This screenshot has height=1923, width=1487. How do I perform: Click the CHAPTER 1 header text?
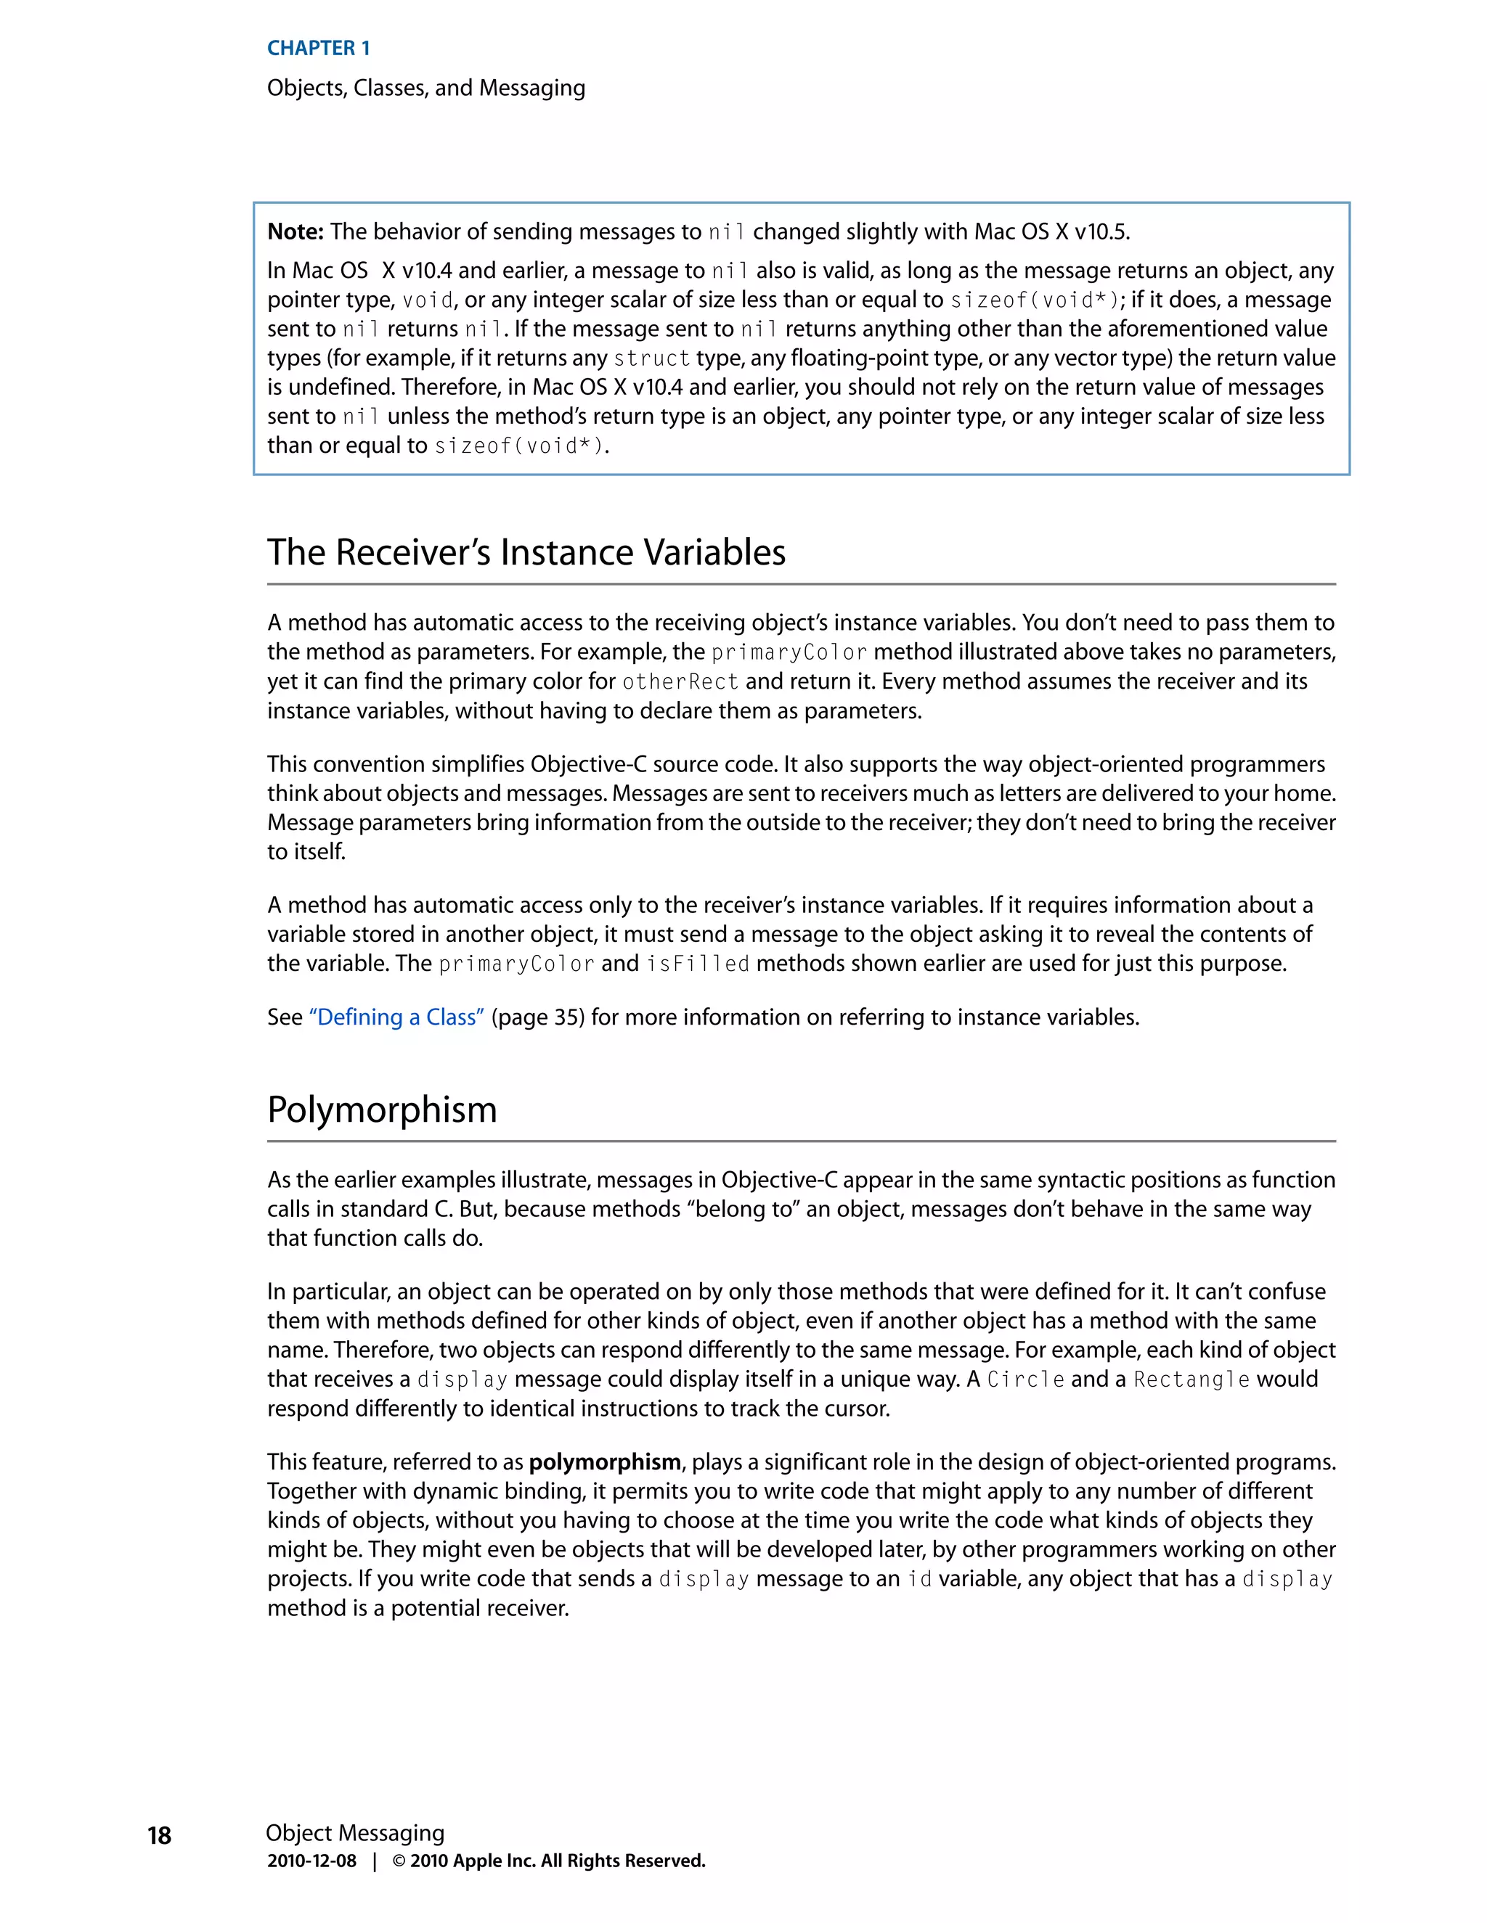[318, 49]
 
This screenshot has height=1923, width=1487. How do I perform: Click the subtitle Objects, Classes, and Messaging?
[425, 88]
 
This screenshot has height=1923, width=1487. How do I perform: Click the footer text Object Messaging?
[354, 1832]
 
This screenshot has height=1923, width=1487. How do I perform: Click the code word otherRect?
[680, 681]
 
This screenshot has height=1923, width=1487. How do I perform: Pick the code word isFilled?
[697, 964]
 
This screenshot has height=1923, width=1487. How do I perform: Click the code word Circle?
[1025, 1379]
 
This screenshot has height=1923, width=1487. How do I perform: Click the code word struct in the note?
[652, 358]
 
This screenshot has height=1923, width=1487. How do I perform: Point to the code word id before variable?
[920, 1579]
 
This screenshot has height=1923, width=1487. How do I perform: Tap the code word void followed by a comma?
[427, 300]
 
